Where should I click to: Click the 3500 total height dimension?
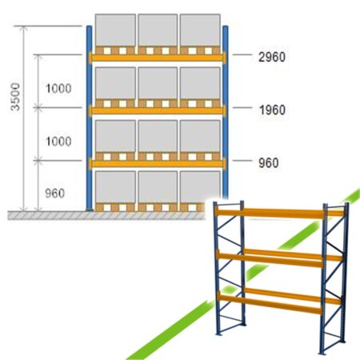[15, 97]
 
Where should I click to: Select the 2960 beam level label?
[272, 57]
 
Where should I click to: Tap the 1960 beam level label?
[272, 110]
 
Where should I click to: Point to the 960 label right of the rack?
[269, 162]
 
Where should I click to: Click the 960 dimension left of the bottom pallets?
[55, 194]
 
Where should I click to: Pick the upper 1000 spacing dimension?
[58, 88]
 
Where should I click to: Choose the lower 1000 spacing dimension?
[58, 141]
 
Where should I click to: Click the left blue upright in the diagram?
[89, 118]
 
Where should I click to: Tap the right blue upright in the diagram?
[226, 112]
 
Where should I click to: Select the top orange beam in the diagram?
[158, 58]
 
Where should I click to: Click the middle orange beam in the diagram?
[158, 110]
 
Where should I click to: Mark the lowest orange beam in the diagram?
[158, 163]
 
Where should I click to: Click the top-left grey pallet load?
[115, 30]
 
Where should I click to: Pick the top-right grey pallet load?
[200, 30]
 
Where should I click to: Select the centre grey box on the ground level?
[158, 186]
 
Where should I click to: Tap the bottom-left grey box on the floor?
[115, 186]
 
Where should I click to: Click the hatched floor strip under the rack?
[106, 215]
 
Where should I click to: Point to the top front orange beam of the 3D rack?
[270, 213]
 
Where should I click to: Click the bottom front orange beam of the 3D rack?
[270, 303]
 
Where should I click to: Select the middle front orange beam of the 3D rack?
[270, 259]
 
